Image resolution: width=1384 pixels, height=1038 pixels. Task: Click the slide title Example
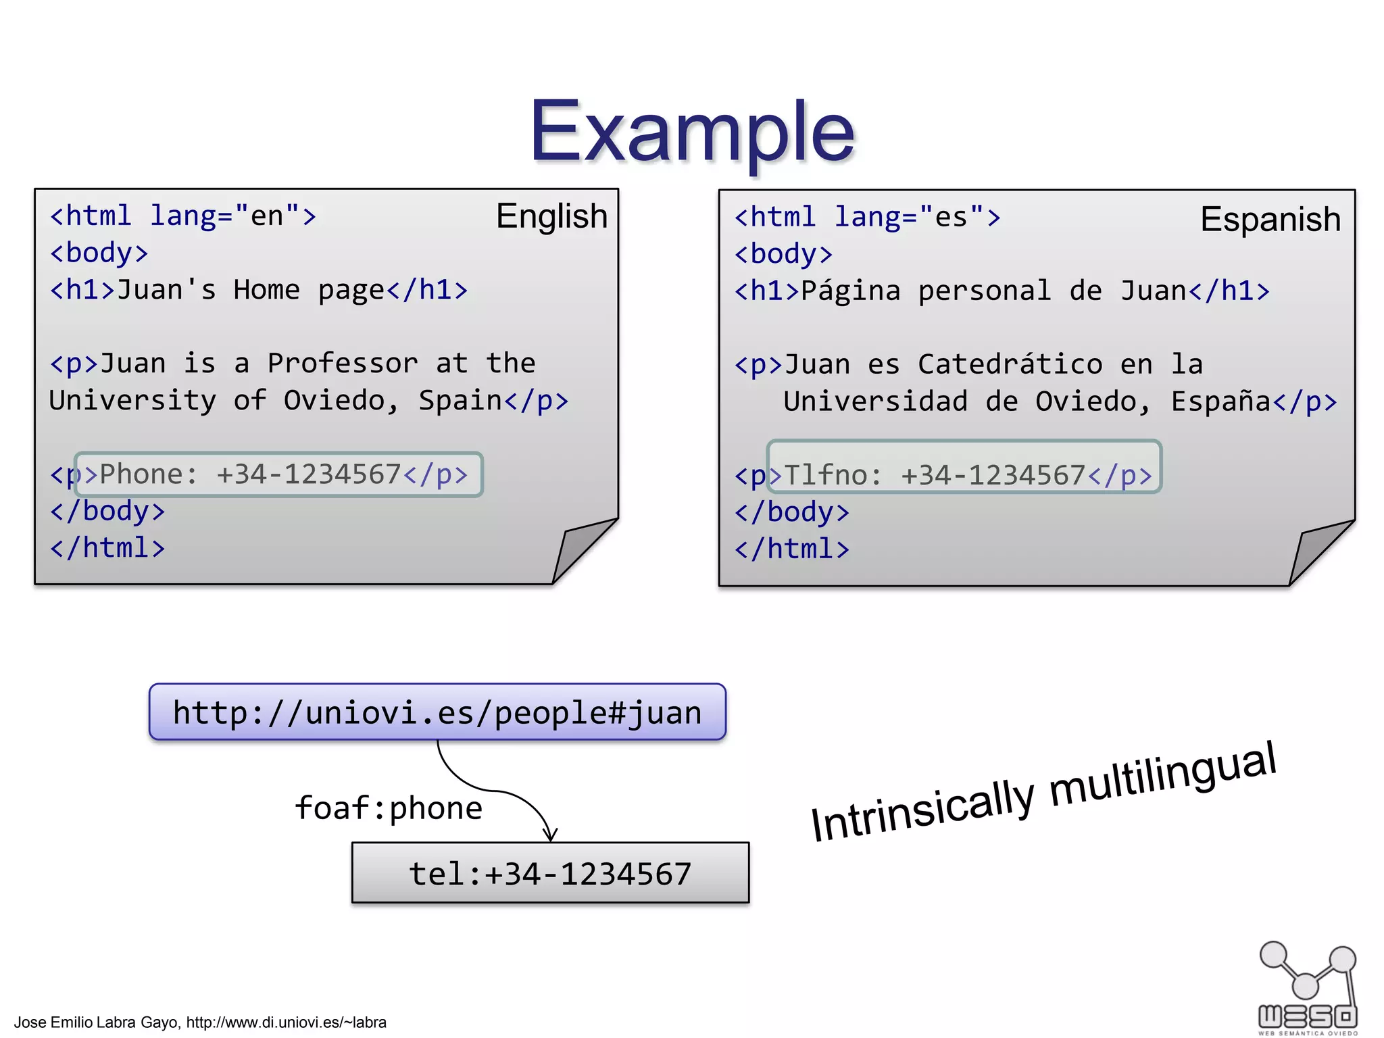pyautogui.click(x=692, y=131)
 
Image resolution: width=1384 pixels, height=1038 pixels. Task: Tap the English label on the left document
pyautogui.click(x=551, y=216)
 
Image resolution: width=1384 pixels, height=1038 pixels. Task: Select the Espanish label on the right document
pyautogui.click(x=1270, y=220)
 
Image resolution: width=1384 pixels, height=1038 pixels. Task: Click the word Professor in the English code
pyautogui.click(x=343, y=364)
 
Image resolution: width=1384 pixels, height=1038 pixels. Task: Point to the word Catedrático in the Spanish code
pyautogui.click(x=1010, y=365)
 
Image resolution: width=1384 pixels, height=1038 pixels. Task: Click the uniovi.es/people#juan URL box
pyautogui.click(x=437, y=712)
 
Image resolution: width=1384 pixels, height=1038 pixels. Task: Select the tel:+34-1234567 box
pyautogui.click(x=550, y=873)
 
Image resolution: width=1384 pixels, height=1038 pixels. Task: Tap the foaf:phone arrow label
pyautogui.click(x=389, y=808)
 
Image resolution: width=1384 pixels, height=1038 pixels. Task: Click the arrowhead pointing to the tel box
pyautogui.click(x=551, y=835)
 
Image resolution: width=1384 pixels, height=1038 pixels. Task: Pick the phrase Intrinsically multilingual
pyautogui.click(x=1043, y=792)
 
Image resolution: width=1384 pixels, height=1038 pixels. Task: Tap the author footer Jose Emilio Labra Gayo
pyautogui.click(x=200, y=1022)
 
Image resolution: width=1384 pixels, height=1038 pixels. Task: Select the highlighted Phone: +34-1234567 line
pyautogui.click(x=278, y=474)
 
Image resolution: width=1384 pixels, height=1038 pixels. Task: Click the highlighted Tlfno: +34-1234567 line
pyautogui.click(x=964, y=475)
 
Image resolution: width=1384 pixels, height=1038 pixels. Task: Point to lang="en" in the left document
pyautogui.click(x=225, y=216)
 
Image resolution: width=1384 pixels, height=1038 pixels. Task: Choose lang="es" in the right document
pyautogui.click(x=910, y=218)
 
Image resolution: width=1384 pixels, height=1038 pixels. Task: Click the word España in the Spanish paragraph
pyautogui.click(x=1221, y=402)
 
